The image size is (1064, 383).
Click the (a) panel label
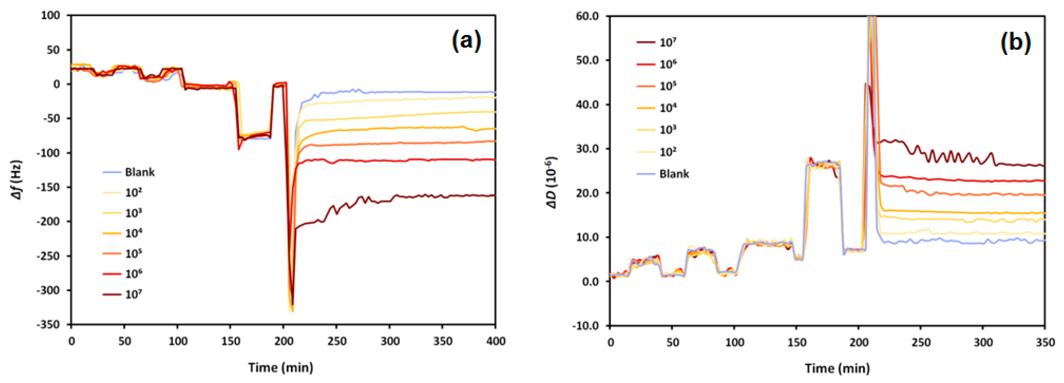(x=466, y=41)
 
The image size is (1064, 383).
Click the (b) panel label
(x=1015, y=42)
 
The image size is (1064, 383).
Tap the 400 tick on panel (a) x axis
(x=495, y=341)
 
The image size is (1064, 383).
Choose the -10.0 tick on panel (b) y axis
(x=585, y=326)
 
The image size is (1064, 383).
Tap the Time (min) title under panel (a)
(x=280, y=367)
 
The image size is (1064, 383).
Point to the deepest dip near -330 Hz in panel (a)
(x=292, y=310)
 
